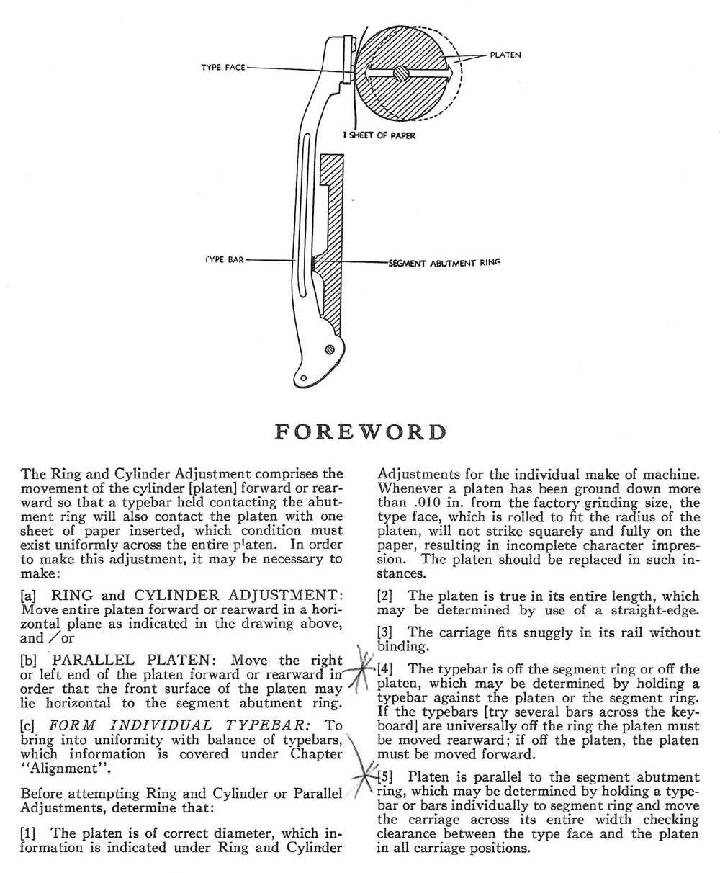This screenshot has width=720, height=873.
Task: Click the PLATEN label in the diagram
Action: [x=505, y=55]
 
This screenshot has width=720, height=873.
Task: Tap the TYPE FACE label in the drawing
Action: [x=223, y=68]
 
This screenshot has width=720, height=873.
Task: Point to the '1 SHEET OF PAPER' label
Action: [x=382, y=135]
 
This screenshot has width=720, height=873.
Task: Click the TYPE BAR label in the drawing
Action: [x=224, y=259]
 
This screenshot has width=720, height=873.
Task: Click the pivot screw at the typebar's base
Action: [x=330, y=349]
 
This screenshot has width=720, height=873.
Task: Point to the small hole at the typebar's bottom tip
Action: [x=303, y=377]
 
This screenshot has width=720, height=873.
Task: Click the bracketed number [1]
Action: [x=30, y=833]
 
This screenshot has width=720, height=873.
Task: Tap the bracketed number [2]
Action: [x=387, y=596]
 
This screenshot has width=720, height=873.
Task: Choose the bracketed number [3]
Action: [x=387, y=632]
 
